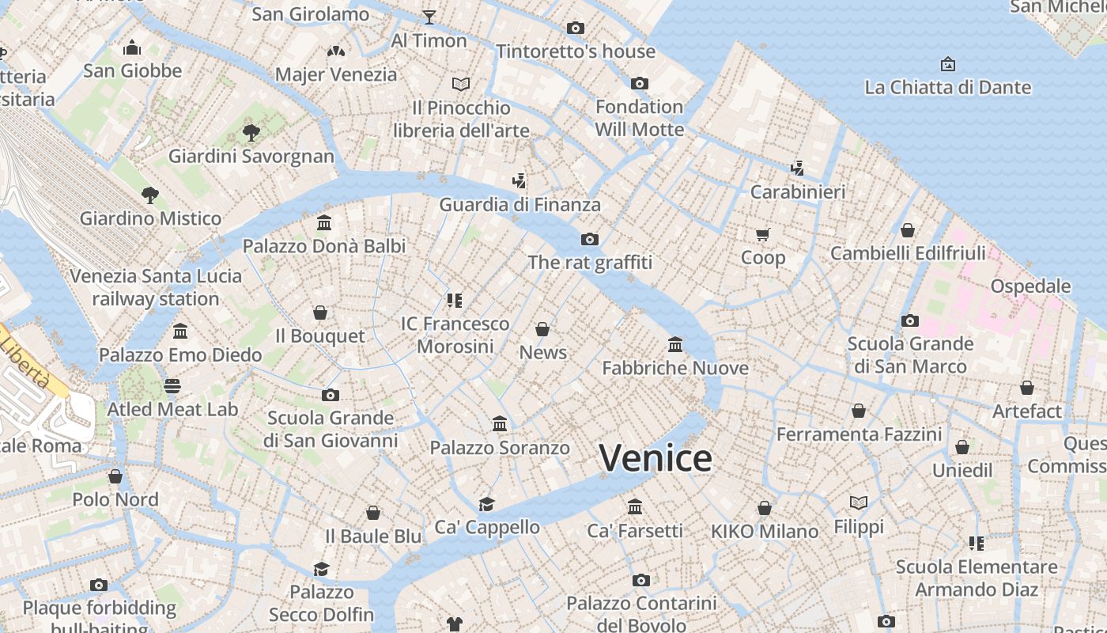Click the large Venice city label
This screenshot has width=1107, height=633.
click(655, 458)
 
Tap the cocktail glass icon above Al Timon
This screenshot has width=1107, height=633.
click(429, 17)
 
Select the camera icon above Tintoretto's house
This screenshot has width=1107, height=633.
click(576, 28)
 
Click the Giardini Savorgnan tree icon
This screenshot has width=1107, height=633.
click(251, 132)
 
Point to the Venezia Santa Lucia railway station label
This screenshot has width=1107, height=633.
click(156, 287)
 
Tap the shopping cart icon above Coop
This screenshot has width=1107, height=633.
click(763, 234)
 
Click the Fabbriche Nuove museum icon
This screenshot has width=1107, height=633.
click(675, 344)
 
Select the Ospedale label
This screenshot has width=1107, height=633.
click(1030, 286)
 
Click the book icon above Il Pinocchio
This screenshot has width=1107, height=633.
click(461, 84)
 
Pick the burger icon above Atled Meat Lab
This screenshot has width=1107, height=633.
click(172, 386)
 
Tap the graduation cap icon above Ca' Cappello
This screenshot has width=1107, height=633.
click(487, 504)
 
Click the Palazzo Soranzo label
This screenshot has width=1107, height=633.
click(500, 448)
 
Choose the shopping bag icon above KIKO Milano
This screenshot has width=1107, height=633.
click(765, 508)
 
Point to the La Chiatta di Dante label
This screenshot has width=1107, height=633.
click(947, 87)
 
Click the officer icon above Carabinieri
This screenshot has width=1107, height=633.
click(798, 168)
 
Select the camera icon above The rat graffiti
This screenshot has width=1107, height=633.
click(590, 239)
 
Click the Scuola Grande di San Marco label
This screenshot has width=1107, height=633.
click(910, 354)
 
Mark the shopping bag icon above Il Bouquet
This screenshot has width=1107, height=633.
click(320, 313)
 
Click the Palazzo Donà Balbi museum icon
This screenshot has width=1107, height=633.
click(324, 223)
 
